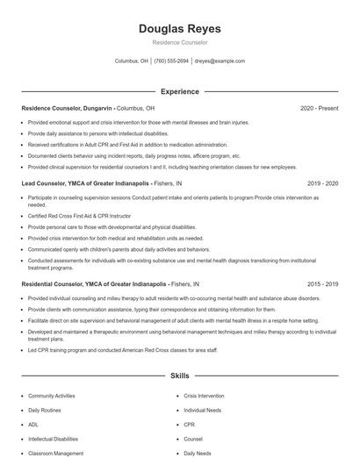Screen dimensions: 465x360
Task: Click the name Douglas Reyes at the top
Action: coord(180,29)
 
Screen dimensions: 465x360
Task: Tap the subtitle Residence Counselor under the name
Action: coord(180,42)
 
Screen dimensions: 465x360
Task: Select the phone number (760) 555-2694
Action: coord(172,61)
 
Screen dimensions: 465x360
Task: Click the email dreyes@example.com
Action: coord(220,61)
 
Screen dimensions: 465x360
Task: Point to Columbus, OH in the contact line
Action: coord(132,61)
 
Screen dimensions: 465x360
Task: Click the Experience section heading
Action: coord(180,91)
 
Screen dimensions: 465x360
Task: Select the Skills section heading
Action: coord(180,375)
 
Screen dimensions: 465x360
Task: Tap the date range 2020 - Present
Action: coord(320,108)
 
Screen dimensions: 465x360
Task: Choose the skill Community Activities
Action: coord(52,397)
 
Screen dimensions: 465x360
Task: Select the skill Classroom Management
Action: coord(56,454)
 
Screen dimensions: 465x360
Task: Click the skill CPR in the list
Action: coord(189,425)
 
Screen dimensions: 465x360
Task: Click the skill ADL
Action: coord(33,425)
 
